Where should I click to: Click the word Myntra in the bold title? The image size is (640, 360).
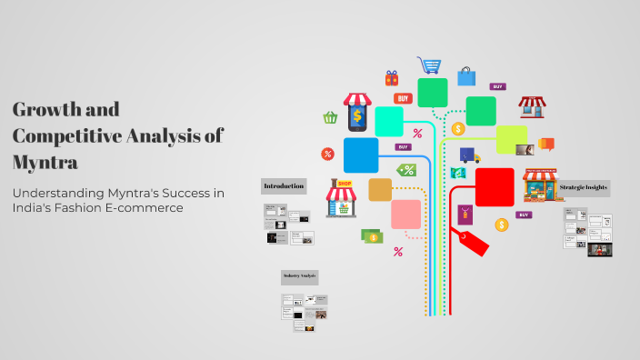coord(45,163)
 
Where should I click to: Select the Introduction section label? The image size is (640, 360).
coord(284,186)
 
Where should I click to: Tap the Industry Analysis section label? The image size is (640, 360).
coord(300,275)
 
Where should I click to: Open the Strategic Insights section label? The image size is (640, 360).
coord(584,187)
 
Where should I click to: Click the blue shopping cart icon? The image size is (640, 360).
coord(429,65)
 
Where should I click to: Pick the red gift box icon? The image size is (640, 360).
coord(392,78)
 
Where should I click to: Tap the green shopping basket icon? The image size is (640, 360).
coord(330,117)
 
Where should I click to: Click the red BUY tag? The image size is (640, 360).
coord(403,98)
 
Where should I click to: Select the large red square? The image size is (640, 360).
coord(495,187)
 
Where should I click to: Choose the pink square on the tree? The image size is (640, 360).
coord(405,215)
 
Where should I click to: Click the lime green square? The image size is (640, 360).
coord(511,139)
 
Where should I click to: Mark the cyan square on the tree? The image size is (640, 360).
coord(389,121)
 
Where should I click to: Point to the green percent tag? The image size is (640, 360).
coord(406,169)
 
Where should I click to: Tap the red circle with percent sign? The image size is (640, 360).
coord(327,154)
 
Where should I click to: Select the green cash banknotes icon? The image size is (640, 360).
coord(371,236)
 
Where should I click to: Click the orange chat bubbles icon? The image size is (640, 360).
coord(546,144)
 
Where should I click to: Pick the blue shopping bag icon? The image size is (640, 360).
coord(466,75)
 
